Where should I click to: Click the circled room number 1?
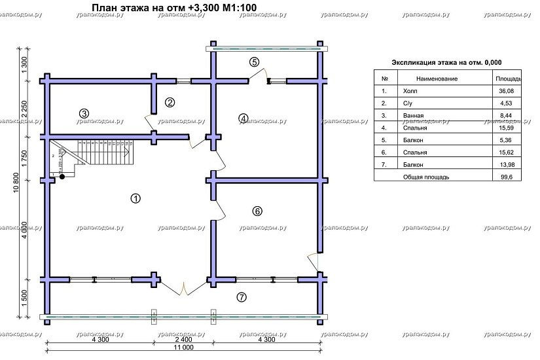[x=135, y=198]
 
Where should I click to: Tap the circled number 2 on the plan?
[x=170, y=102]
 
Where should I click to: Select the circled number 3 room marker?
[x=84, y=113]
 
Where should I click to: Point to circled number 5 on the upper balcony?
[x=255, y=62]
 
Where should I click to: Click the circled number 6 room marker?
[x=257, y=211]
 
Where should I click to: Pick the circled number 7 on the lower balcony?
[x=241, y=297]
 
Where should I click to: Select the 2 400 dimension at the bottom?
[x=184, y=340]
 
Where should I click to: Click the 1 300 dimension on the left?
[x=24, y=65]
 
